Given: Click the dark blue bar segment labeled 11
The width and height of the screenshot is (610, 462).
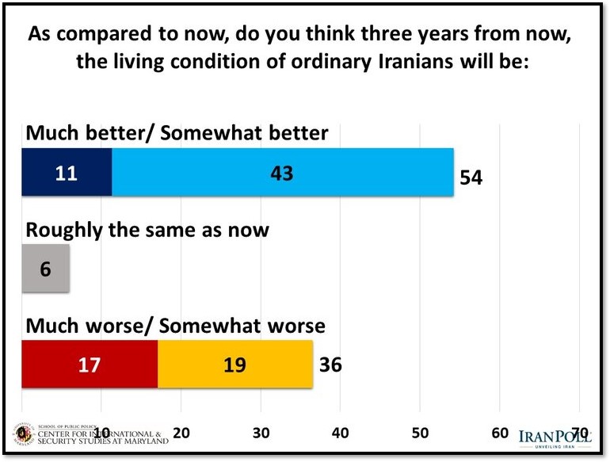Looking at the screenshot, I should click(x=67, y=172).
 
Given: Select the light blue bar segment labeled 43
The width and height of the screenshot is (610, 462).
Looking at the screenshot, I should click(x=282, y=172).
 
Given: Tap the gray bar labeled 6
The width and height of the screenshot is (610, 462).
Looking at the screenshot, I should click(x=45, y=269).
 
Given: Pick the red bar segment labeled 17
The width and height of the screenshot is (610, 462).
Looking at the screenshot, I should click(x=89, y=365).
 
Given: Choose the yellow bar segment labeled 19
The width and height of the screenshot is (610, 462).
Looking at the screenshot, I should click(x=235, y=365).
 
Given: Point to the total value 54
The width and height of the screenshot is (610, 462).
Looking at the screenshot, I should click(x=471, y=177).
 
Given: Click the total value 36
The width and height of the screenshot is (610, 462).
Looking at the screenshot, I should click(x=330, y=365).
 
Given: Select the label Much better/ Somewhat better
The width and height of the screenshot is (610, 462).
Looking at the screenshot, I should click(x=177, y=133).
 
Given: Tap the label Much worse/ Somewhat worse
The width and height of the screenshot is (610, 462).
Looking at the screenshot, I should click(x=176, y=326).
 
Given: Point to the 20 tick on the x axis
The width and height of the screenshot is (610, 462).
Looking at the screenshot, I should click(x=181, y=433).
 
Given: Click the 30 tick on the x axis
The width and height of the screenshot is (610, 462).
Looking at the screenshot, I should click(x=261, y=433).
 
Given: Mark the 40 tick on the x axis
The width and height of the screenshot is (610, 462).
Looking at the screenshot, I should click(x=341, y=433).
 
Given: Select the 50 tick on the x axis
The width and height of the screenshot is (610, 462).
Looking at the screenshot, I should click(x=420, y=433).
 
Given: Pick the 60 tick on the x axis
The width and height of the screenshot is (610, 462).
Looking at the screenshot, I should click(x=500, y=433).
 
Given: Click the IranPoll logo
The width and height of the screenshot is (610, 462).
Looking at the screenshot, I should click(x=555, y=438).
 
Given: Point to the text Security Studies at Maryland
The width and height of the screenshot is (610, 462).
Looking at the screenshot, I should click(x=101, y=441).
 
